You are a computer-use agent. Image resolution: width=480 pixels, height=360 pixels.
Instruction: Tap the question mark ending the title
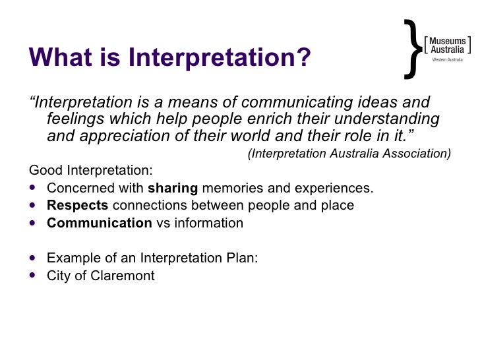coord(303,57)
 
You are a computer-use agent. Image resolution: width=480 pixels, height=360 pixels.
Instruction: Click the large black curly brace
coord(411,47)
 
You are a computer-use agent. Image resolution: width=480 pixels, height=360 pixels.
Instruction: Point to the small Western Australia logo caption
coord(447,60)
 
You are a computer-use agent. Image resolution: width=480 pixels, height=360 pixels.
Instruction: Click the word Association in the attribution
coord(415,154)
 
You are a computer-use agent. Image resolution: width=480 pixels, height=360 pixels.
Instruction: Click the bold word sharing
coord(173,188)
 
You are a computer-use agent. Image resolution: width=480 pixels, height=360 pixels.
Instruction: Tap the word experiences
coord(330,188)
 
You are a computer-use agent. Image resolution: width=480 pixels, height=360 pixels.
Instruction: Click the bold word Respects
coord(77,205)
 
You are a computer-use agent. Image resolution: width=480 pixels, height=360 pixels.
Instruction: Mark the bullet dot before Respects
coord(34,205)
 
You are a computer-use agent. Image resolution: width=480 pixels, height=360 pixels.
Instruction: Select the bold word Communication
coord(99,223)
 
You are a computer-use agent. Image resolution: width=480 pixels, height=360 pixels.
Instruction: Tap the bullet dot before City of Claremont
coord(34,276)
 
